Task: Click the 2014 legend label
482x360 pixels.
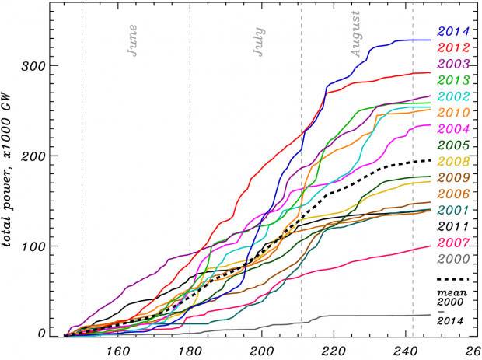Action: [453, 32]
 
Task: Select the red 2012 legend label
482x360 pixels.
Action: [453, 48]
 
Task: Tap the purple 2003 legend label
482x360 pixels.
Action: [453, 64]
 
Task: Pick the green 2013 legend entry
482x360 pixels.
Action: [453, 80]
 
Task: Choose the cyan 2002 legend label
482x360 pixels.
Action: [453, 96]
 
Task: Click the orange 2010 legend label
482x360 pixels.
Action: [453, 113]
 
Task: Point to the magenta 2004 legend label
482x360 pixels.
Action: [453, 129]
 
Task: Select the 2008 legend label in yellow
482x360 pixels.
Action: [453, 162]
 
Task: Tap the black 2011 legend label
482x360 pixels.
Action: [453, 226]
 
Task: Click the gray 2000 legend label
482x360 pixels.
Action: [453, 259]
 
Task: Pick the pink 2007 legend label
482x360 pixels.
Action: [453, 243]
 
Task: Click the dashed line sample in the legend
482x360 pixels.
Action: [453, 278]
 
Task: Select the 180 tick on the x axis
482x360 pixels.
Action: [190, 350]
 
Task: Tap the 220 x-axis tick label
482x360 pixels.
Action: [334, 350]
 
